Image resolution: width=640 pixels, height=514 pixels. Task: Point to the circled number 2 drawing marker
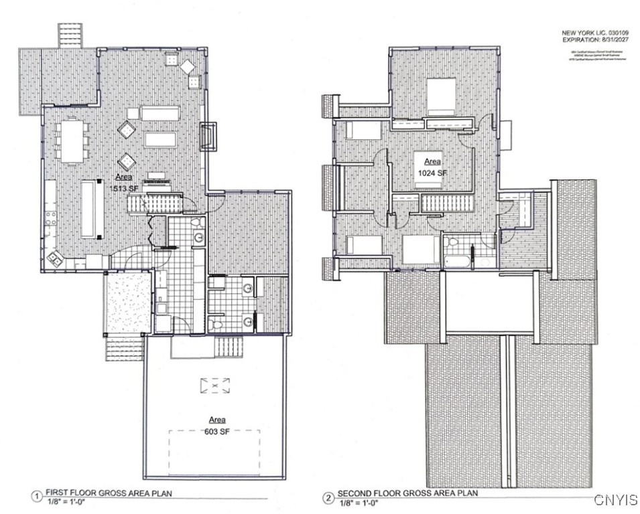click(x=328, y=497)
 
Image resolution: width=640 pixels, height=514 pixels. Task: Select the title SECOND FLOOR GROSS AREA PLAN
click(x=408, y=493)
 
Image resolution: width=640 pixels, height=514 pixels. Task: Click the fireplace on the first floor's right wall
click(x=209, y=137)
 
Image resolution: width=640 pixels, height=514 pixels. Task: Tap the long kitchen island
click(x=89, y=208)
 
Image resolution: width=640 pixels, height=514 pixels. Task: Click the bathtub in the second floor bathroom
click(x=456, y=258)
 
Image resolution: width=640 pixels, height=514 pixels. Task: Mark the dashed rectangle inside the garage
click(x=214, y=452)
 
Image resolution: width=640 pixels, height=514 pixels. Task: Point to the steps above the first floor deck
click(x=69, y=36)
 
